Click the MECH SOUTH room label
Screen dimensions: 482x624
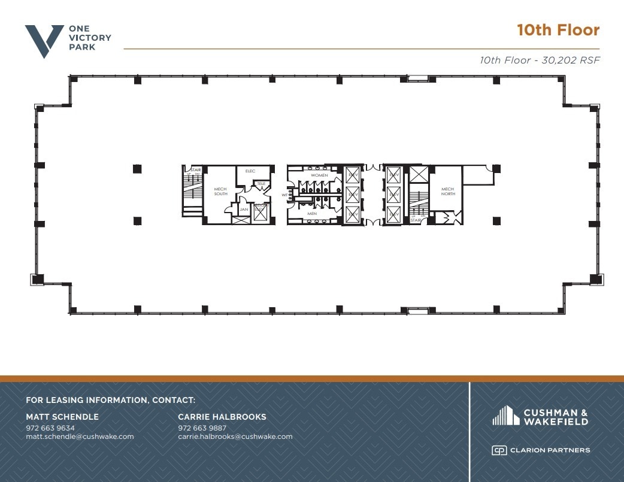[220, 191]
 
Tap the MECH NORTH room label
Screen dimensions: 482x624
[448, 191]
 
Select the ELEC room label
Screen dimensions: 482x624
[250, 171]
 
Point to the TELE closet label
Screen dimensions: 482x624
[261, 183]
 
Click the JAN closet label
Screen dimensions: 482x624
[244, 210]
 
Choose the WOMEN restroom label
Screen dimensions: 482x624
[319, 175]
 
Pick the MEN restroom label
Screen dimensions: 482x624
[312, 213]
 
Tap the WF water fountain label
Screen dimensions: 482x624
[285, 195]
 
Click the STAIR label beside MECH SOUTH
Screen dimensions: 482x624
[196, 170]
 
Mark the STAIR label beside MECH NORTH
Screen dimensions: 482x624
[415, 220]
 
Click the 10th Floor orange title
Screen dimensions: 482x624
[558, 30]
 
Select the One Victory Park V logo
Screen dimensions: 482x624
[44, 41]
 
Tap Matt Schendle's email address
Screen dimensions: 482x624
[80, 436]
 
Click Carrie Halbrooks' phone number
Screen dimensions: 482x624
[202, 428]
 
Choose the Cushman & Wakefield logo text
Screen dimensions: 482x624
[555, 417]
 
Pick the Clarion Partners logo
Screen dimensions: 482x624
[541, 450]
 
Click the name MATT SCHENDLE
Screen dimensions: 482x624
[62, 417]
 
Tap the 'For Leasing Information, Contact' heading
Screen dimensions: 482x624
[111, 400]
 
